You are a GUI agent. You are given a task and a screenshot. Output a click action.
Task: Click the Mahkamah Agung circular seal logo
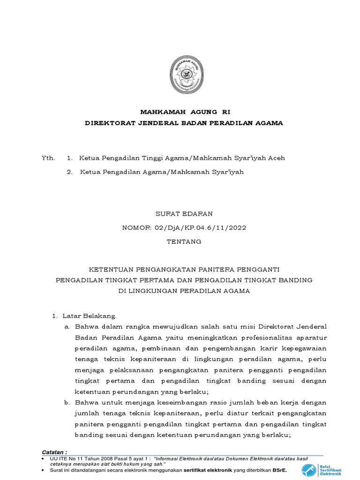point(186,74)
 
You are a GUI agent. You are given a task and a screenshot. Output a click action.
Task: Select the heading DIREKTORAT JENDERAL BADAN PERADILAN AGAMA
point(184,123)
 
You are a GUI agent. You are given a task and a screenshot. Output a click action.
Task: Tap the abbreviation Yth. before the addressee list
point(48,158)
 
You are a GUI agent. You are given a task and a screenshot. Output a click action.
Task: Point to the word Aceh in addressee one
point(277,158)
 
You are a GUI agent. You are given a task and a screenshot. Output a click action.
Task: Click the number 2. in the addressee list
point(70,172)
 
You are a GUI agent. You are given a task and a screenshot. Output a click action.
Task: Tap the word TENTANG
point(184,242)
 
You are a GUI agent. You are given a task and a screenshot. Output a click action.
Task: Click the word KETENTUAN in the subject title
point(111,270)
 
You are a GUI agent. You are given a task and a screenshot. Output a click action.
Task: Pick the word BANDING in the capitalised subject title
point(295,280)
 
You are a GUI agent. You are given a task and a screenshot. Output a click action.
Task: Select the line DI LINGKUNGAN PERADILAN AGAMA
point(184,291)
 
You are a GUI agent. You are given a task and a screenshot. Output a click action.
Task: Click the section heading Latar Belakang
point(90,316)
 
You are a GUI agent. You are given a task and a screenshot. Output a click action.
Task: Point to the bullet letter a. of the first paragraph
point(67,326)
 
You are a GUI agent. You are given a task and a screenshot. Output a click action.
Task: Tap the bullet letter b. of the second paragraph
point(67,403)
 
